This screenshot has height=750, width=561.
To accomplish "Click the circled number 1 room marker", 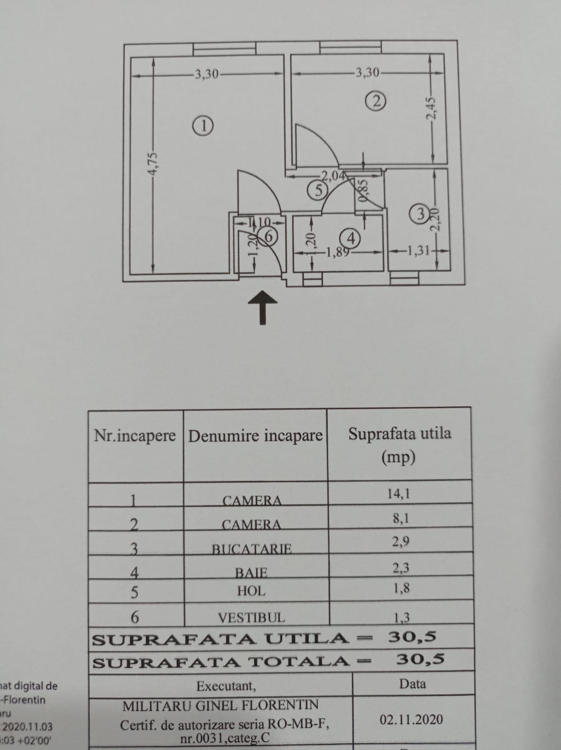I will pyautogui.click(x=203, y=126).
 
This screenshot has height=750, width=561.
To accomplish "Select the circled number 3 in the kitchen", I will pyautogui.click(x=417, y=213).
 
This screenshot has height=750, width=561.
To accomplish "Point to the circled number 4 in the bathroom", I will pyautogui.click(x=350, y=238).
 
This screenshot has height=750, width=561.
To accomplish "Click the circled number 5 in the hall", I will pyautogui.click(x=318, y=190).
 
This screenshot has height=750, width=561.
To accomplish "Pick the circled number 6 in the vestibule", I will pyautogui.click(x=268, y=236).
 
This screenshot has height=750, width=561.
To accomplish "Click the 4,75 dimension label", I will pyautogui.click(x=153, y=165).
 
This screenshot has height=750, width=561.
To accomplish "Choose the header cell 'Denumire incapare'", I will pyautogui.click(x=256, y=436).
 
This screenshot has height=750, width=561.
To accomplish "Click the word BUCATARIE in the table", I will pyautogui.click(x=252, y=548).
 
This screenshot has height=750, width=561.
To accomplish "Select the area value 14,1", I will pyautogui.click(x=399, y=493).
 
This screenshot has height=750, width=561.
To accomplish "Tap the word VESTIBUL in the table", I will pyautogui.click(x=251, y=617).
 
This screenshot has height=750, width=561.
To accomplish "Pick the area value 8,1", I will pyautogui.click(x=400, y=518).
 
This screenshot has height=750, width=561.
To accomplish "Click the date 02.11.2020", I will pyautogui.click(x=411, y=720).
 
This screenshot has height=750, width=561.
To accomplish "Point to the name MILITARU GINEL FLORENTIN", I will pyautogui.click(x=220, y=705).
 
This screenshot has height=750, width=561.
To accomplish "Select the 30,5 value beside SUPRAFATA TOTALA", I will pyautogui.click(x=420, y=660).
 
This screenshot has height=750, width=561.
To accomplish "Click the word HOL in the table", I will pyautogui.click(x=251, y=591).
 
